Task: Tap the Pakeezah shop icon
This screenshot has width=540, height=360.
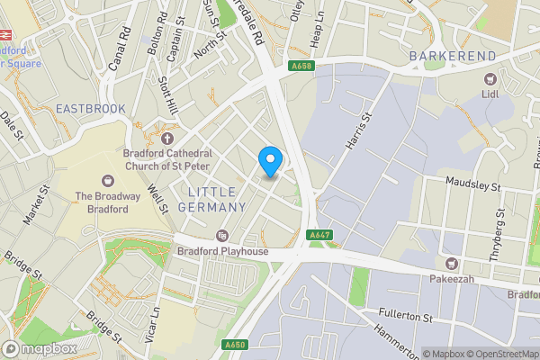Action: point(451,263)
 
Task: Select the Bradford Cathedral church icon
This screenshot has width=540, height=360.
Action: point(166,138)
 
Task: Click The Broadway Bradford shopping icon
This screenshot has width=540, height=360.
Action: point(109,181)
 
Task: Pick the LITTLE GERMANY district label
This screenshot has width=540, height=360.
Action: point(217,200)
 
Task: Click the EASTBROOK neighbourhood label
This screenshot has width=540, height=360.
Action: point(90,108)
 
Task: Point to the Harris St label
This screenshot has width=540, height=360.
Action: point(357,130)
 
